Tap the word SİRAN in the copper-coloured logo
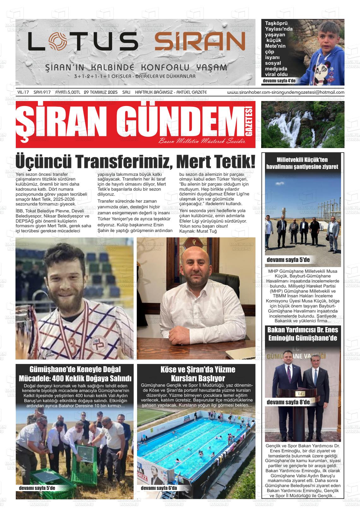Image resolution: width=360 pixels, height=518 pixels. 200,42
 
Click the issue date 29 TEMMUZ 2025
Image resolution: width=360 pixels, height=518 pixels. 101,92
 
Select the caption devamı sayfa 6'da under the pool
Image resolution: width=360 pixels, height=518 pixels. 159,488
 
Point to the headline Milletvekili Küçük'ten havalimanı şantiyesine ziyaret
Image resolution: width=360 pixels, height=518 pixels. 302,163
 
